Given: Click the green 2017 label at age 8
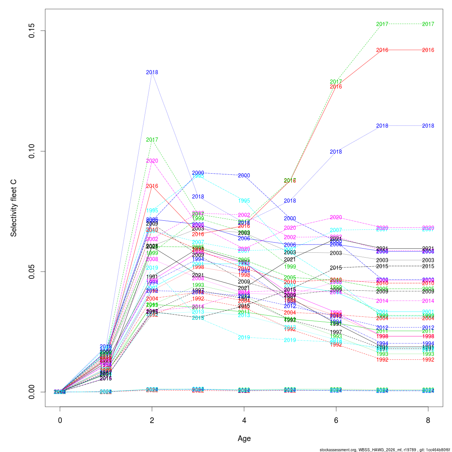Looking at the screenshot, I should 428,24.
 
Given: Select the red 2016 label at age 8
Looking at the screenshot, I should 428,50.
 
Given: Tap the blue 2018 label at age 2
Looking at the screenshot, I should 152,72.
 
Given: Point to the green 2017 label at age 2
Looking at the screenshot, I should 152,140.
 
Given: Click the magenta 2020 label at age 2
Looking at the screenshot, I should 152,161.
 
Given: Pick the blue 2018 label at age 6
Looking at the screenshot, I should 336,152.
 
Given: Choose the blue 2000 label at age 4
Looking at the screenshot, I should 244,176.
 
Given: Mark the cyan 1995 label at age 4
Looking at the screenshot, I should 244,201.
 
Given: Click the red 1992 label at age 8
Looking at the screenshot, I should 428,360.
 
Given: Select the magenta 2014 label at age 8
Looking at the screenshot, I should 428,301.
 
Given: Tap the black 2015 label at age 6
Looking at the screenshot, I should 336,268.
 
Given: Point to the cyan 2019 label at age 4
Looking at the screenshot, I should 244,337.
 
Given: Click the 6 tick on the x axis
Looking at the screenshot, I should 336,420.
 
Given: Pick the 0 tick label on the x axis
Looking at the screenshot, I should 60,420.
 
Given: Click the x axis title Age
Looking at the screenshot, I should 244,438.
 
